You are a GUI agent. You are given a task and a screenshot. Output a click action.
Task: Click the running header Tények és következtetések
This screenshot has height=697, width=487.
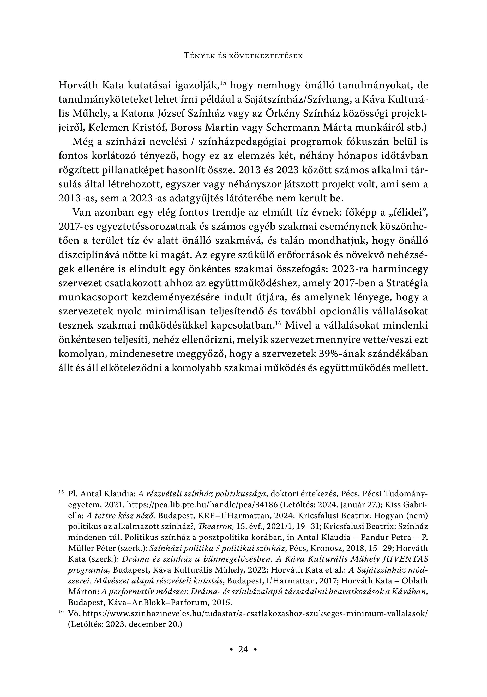pyautogui.click(x=243, y=56)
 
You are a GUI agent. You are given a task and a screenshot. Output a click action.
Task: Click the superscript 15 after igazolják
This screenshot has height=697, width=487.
pyautogui.click(x=223, y=82)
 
